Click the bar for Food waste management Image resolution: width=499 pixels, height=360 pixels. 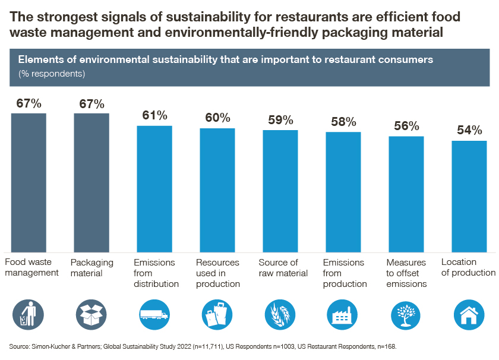pos(29,182)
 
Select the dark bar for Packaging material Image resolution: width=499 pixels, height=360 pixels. pos(91,182)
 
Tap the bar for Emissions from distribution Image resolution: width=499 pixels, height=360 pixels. pos(154,189)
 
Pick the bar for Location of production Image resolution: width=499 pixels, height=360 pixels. pos(469,196)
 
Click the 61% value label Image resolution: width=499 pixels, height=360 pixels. pos(154,115)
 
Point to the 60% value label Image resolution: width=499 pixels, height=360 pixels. pos(217,118)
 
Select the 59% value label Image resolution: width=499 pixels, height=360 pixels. pos(280,120)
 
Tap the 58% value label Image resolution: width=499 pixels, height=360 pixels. pos(343,122)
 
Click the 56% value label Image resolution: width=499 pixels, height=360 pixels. pos(406,126)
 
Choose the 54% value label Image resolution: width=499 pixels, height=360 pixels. pos(469,131)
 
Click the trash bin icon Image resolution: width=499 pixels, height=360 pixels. pos(29,315)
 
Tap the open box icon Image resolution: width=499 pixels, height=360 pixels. pos(91,315)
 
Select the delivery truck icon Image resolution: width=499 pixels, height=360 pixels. pos(154,315)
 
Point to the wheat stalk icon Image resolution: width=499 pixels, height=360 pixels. pos(280,315)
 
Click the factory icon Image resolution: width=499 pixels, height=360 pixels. pos(343,315)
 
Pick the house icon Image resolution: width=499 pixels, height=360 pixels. pos(469,315)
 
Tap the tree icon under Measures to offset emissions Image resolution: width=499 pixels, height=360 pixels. pos(406,315)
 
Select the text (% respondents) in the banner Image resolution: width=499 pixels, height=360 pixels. pos(52,74)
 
